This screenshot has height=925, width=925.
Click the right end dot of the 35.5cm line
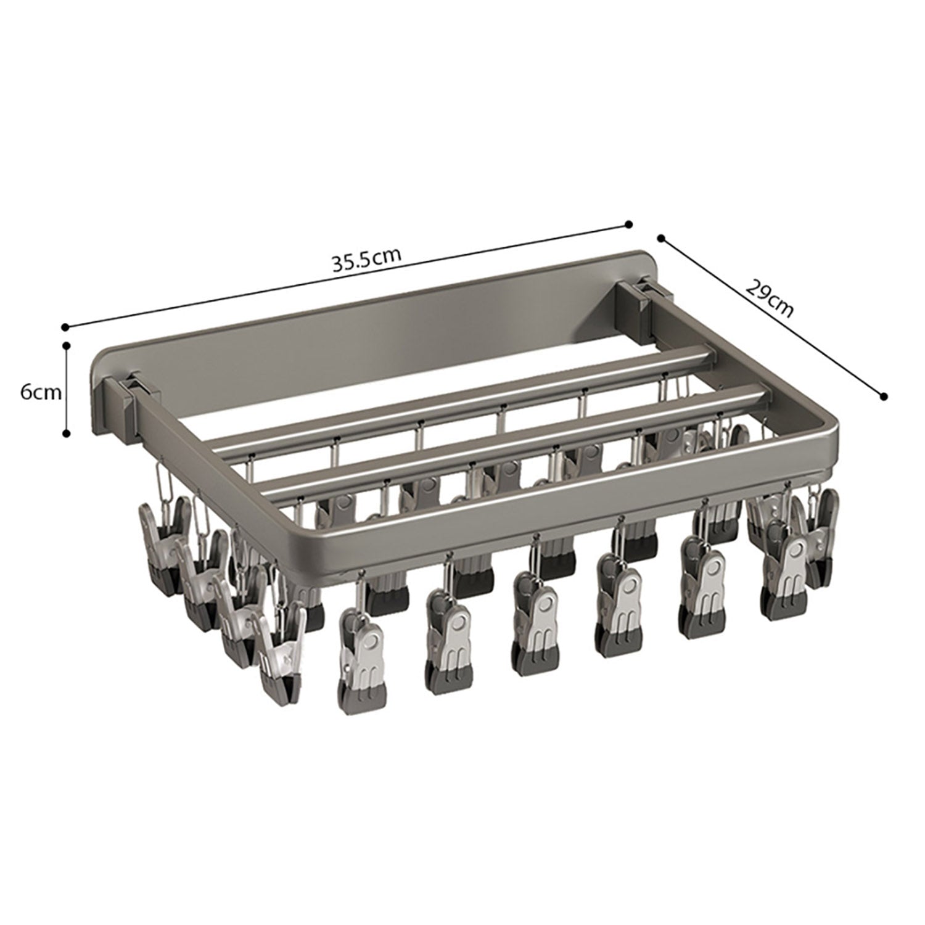[629, 224]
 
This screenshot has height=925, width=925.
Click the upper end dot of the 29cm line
[661, 237]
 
